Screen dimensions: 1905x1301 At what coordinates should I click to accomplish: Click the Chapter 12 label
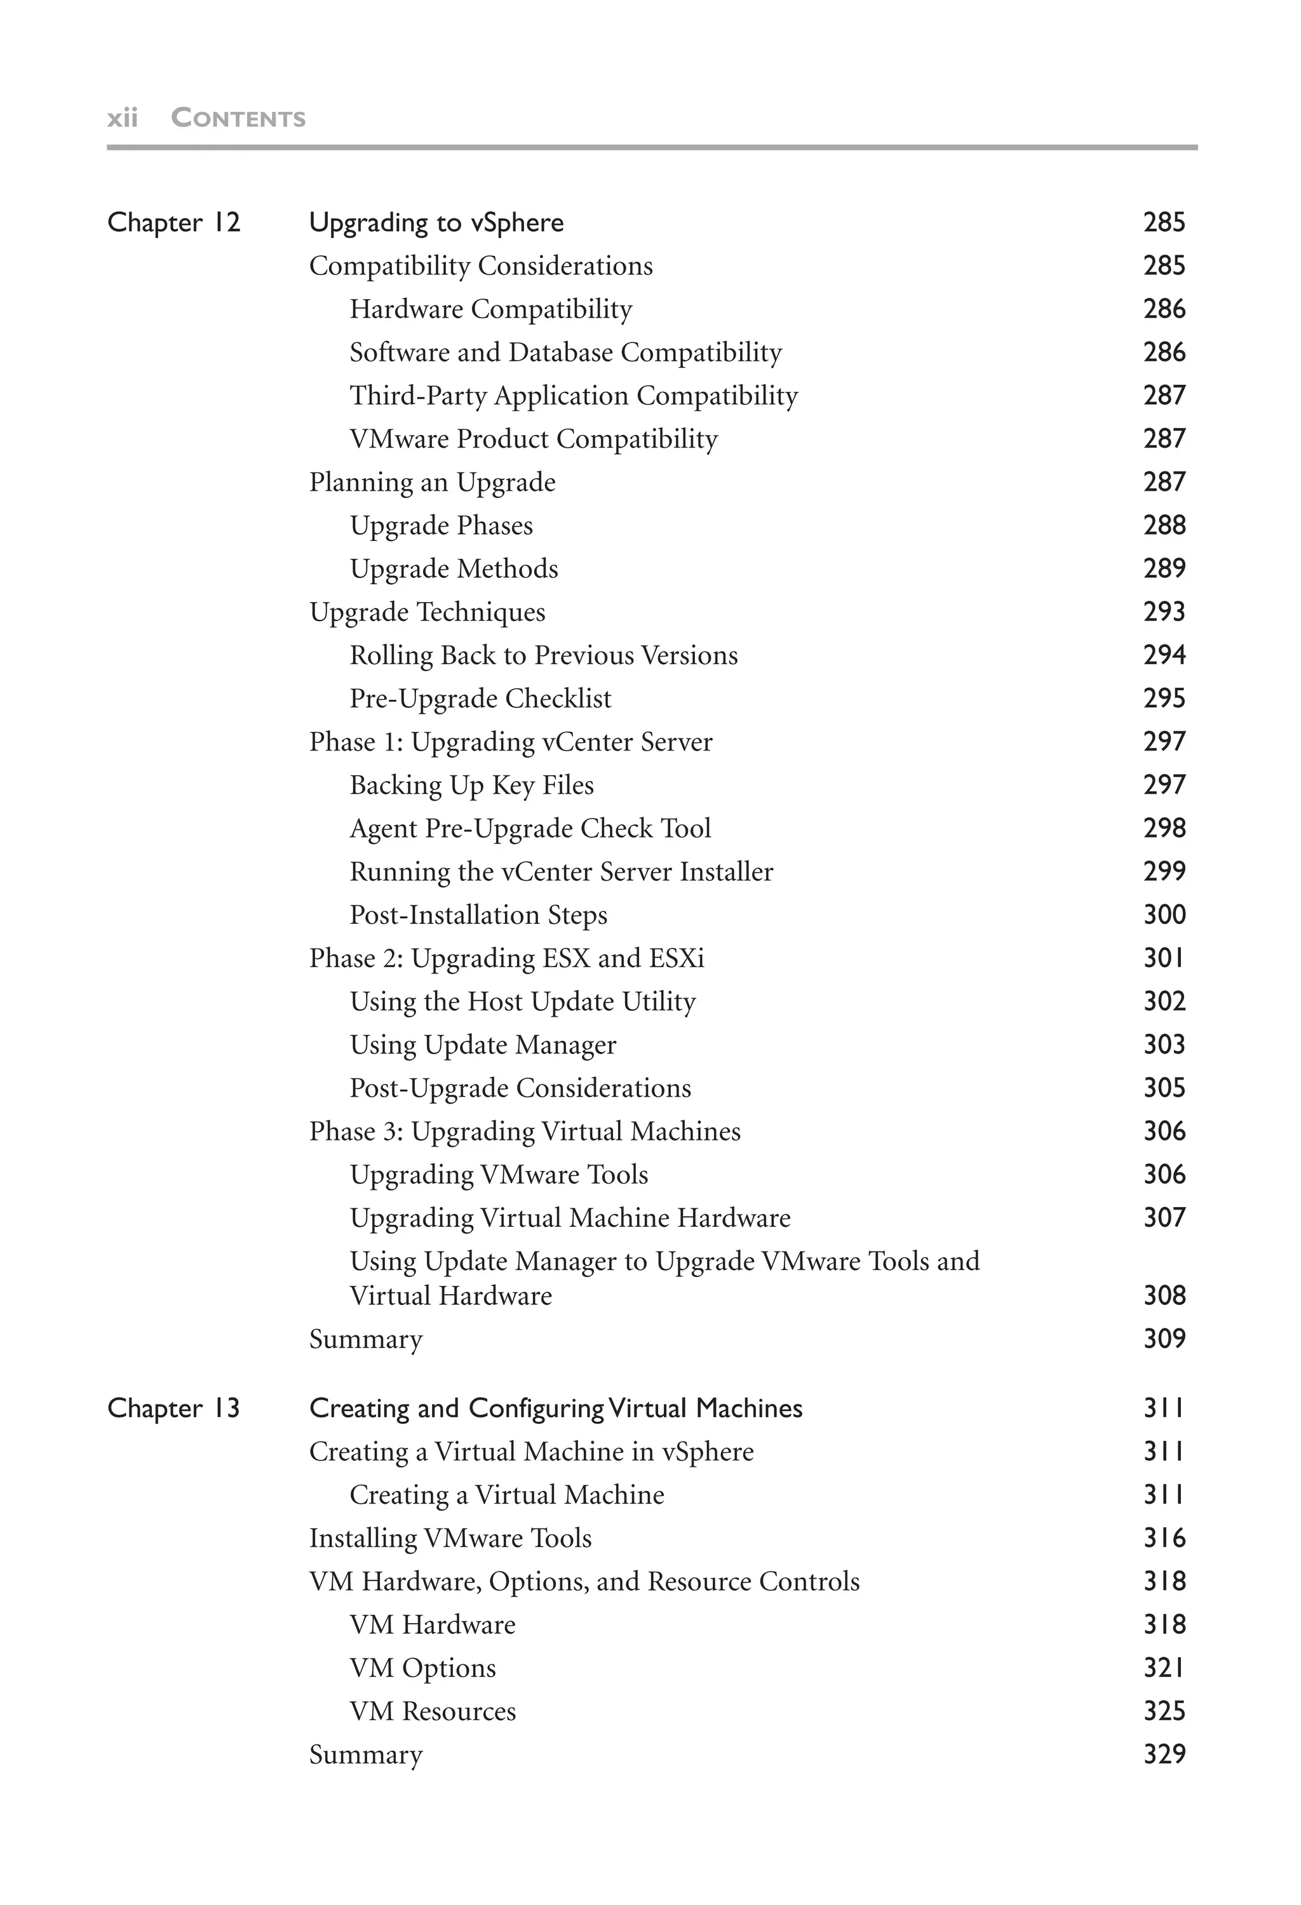(174, 222)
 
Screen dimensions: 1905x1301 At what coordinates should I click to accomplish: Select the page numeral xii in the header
(122, 118)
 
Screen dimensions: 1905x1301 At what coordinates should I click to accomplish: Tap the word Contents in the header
(238, 118)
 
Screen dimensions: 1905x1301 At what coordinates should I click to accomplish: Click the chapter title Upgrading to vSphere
(436, 223)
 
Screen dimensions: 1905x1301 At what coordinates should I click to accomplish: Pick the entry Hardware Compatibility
(490, 309)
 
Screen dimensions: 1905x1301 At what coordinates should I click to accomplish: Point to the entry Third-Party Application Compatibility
(573, 396)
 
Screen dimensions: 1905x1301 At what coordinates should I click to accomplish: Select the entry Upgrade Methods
(454, 569)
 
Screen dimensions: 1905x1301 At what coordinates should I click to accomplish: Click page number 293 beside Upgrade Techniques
(1163, 612)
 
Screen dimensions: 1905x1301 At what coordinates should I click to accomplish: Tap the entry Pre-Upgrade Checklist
(480, 698)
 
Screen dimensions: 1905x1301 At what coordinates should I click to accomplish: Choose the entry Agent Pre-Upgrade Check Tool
(530, 828)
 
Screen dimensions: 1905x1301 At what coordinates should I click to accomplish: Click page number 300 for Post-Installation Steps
(1163, 915)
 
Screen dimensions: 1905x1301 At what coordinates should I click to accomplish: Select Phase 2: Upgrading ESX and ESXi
(506, 958)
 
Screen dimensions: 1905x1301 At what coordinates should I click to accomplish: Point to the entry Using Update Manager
(482, 1045)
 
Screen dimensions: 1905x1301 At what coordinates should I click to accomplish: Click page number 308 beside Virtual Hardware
(1163, 1295)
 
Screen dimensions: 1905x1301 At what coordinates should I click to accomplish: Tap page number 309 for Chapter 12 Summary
(1163, 1339)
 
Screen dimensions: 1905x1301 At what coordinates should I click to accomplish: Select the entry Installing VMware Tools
(449, 1538)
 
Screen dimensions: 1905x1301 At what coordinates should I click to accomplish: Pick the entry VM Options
(422, 1668)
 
